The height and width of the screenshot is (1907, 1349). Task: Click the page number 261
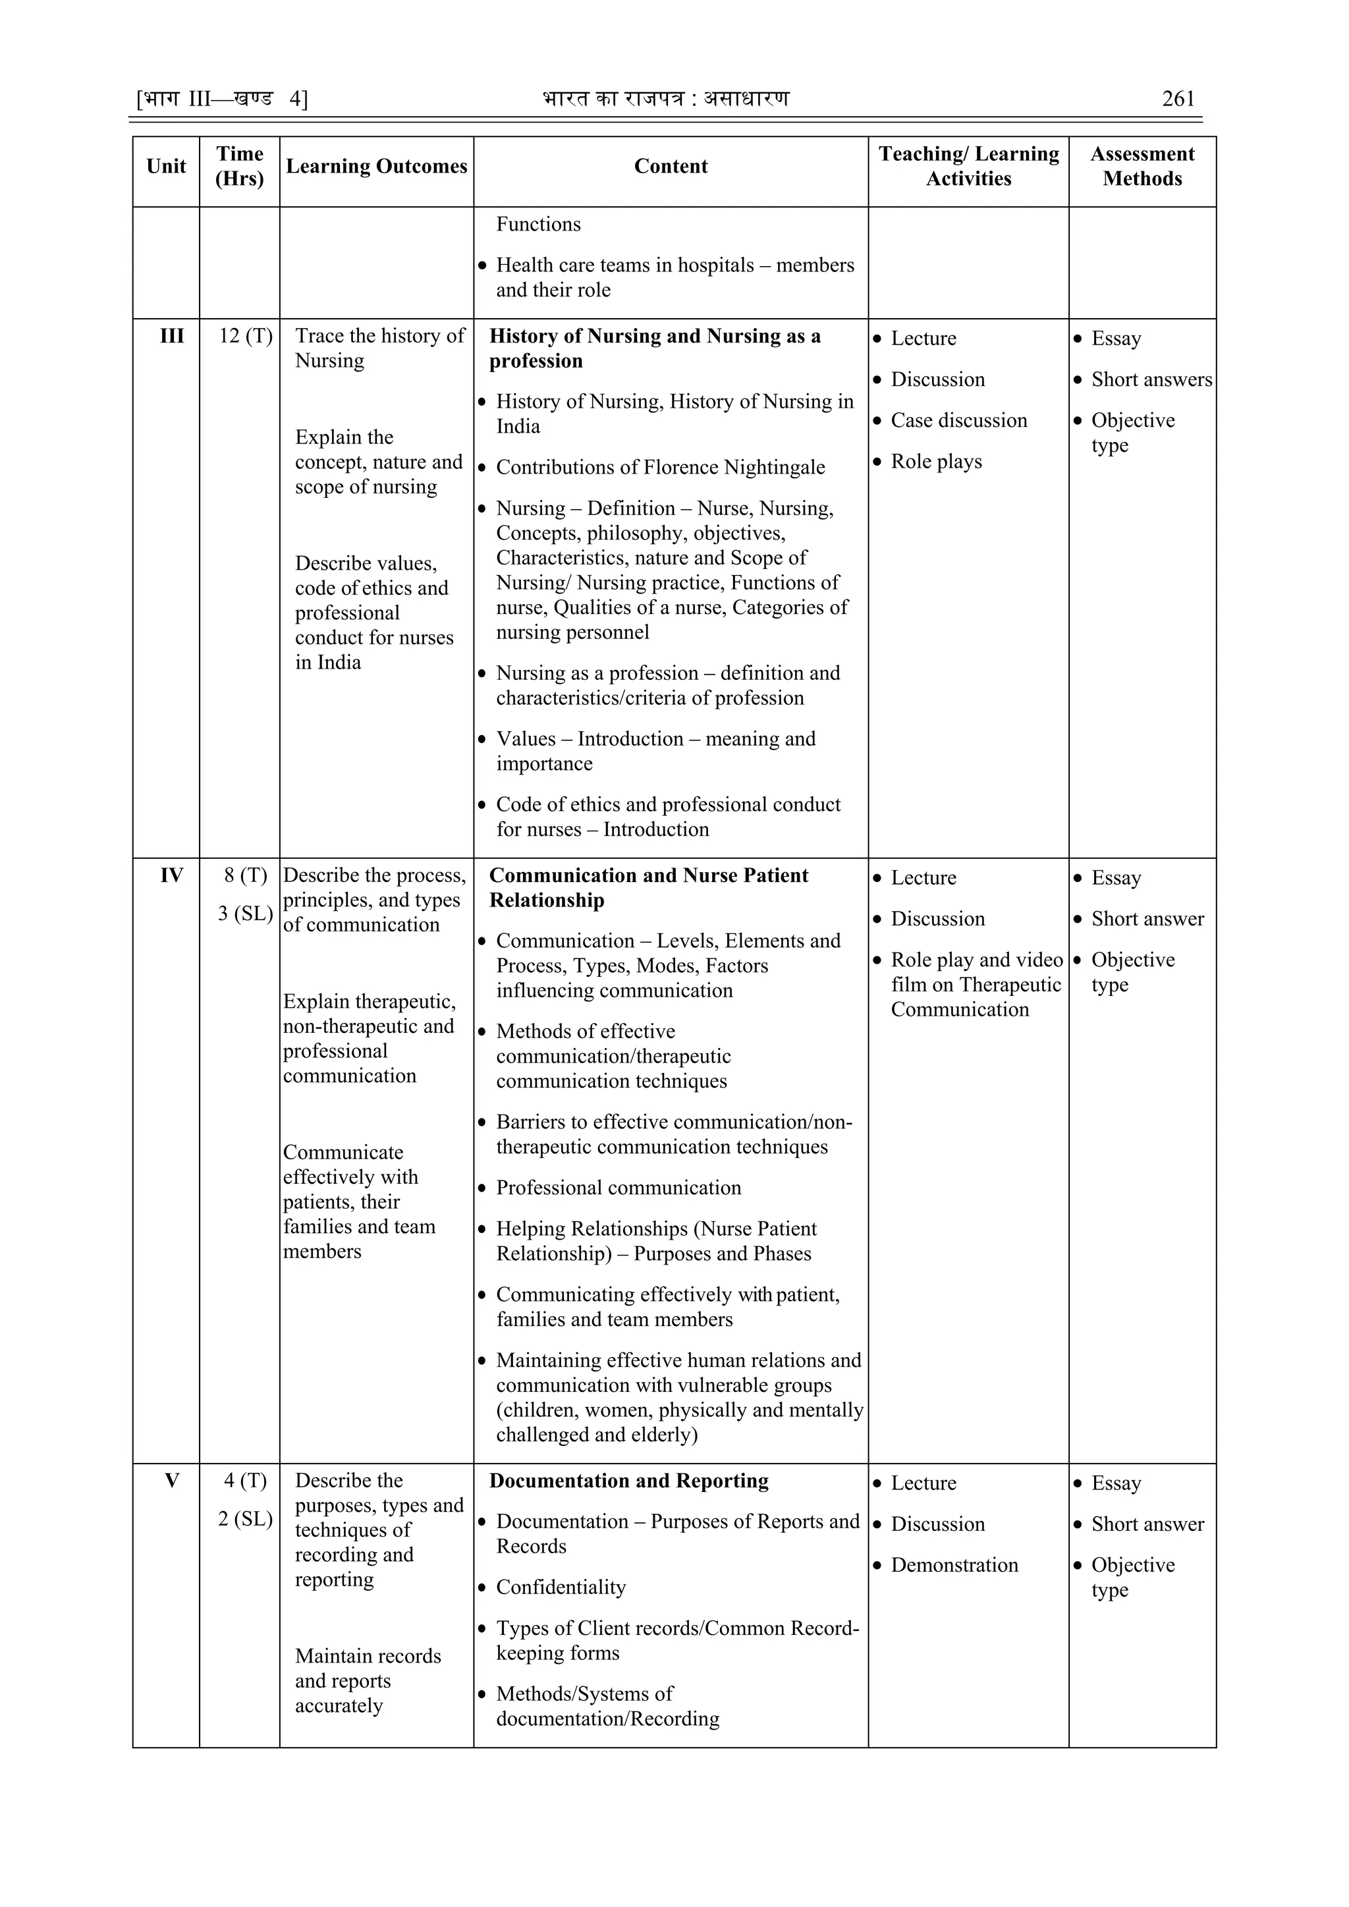(1178, 99)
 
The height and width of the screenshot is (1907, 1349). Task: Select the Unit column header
(166, 166)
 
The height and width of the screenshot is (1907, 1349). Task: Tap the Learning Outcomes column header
(376, 166)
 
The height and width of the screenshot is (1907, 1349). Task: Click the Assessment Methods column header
(1142, 166)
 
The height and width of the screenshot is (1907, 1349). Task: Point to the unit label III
(172, 337)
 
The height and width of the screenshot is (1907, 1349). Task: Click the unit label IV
(172, 875)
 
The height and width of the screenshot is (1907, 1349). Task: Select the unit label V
(172, 1481)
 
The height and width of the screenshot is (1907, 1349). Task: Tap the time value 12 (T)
(246, 337)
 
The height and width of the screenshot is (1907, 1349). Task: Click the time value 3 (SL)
(246, 914)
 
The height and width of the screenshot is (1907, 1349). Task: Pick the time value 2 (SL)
(246, 1519)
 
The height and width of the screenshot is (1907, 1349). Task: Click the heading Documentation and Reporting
(629, 1481)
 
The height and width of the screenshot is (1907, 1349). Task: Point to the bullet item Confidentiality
(561, 1588)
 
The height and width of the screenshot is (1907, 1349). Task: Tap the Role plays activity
(936, 462)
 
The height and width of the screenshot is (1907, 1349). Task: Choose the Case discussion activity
(958, 421)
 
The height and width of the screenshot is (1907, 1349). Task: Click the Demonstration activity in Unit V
(954, 1566)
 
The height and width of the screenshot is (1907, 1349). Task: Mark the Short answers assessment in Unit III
(1151, 379)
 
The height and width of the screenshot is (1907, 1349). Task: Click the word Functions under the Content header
(538, 224)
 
